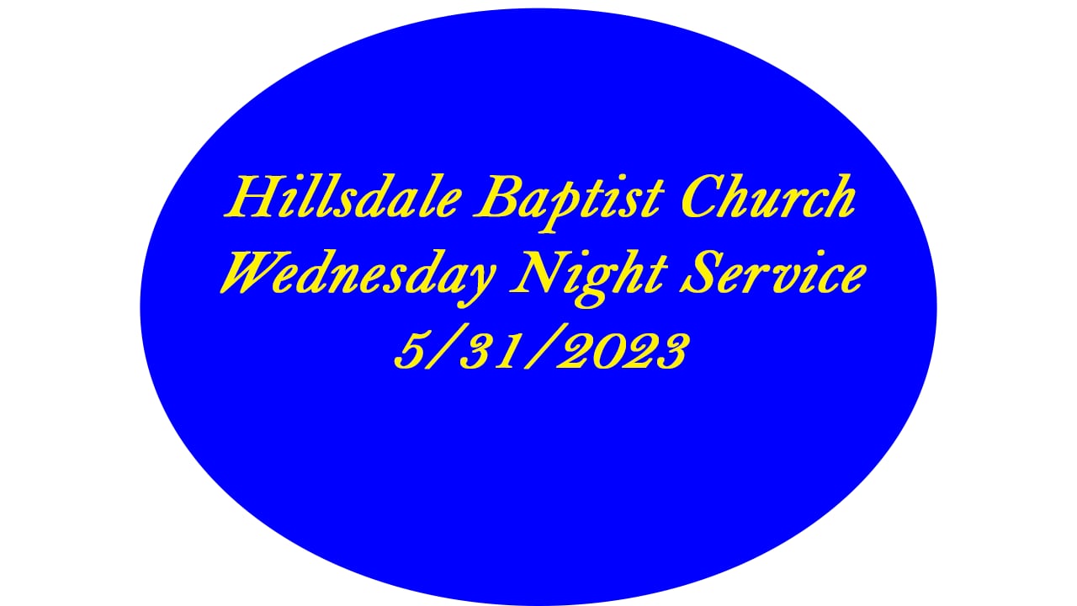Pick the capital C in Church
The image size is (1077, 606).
[x=702, y=198]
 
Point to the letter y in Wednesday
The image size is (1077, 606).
[x=480, y=282]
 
